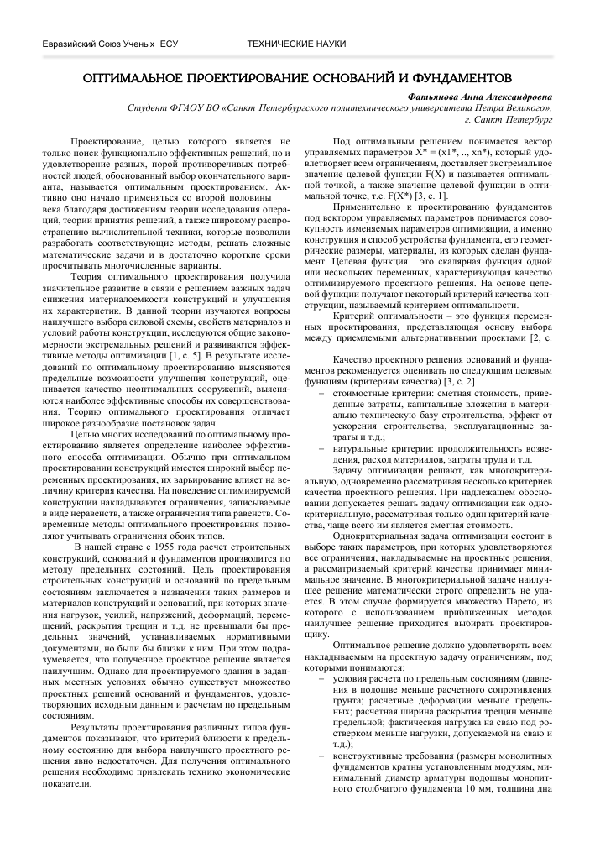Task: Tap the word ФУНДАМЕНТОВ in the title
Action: [x=459, y=78]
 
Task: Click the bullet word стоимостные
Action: [x=363, y=392]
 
